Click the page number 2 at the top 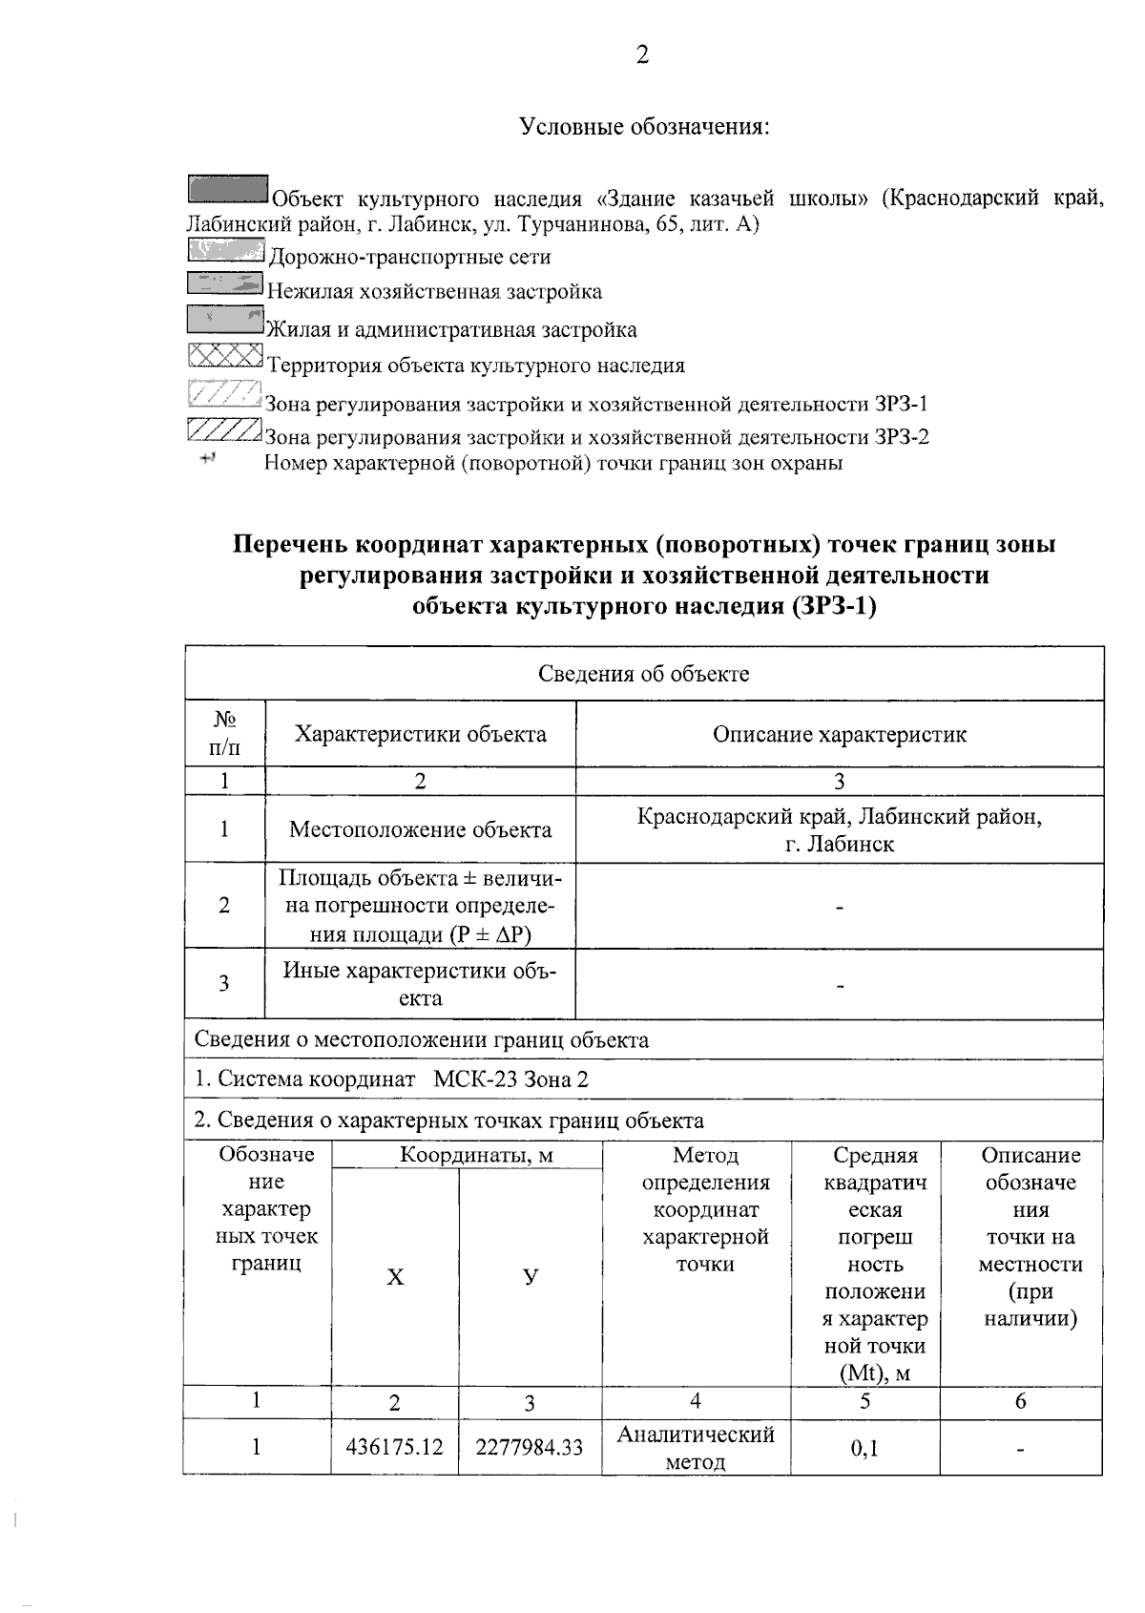pyautogui.click(x=642, y=55)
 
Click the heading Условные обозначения pyautogui.click(x=644, y=126)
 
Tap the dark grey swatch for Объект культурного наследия pyautogui.click(x=227, y=188)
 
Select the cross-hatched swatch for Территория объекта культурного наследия pyautogui.click(x=225, y=355)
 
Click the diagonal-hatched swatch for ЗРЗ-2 pyautogui.click(x=224, y=429)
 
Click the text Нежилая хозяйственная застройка pyautogui.click(x=434, y=291)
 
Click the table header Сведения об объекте pyautogui.click(x=644, y=674)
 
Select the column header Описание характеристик pyautogui.click(x=839, y=734)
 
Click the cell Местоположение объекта pyautogui.click(x=420, y=829)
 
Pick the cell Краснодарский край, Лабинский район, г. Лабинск pyautogui.click(x=839, y=830)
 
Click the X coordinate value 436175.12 pyautogui.click(x=394, y=1447)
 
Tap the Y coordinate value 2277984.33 pyautogui.click(x=530, y=1447)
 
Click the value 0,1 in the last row pyautogui.click(x=864, y=1448)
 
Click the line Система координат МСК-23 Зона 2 pyautogui.click(x=392, y=1079)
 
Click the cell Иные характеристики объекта pyautogui.click(x=420, y=984)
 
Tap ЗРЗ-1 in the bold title pyautogui.click(x=834, y=606)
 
